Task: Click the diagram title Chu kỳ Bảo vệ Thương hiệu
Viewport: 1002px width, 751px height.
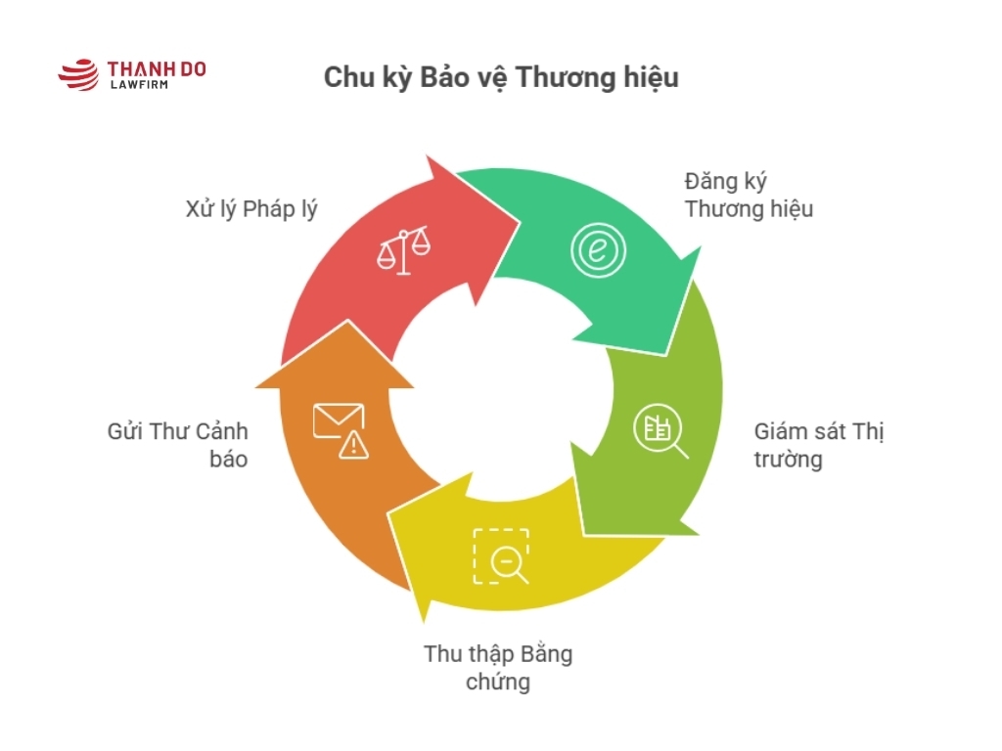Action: (500, 78)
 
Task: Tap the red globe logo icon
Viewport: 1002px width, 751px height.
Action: (79, 75)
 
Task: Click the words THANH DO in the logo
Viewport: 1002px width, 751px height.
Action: (156, 69)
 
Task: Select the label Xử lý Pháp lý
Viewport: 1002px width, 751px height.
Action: (251, 208)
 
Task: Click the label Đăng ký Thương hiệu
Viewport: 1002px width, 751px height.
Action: (749, 195)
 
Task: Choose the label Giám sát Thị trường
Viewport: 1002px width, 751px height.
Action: (818, 445)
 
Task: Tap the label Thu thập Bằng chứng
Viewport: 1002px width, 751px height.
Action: (498, 667)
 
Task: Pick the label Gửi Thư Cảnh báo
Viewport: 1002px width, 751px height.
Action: (177, 445)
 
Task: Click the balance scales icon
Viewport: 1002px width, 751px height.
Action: (403, 249)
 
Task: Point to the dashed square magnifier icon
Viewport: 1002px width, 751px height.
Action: (501, 555)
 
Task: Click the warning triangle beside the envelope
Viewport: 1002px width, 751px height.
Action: (353, 446)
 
